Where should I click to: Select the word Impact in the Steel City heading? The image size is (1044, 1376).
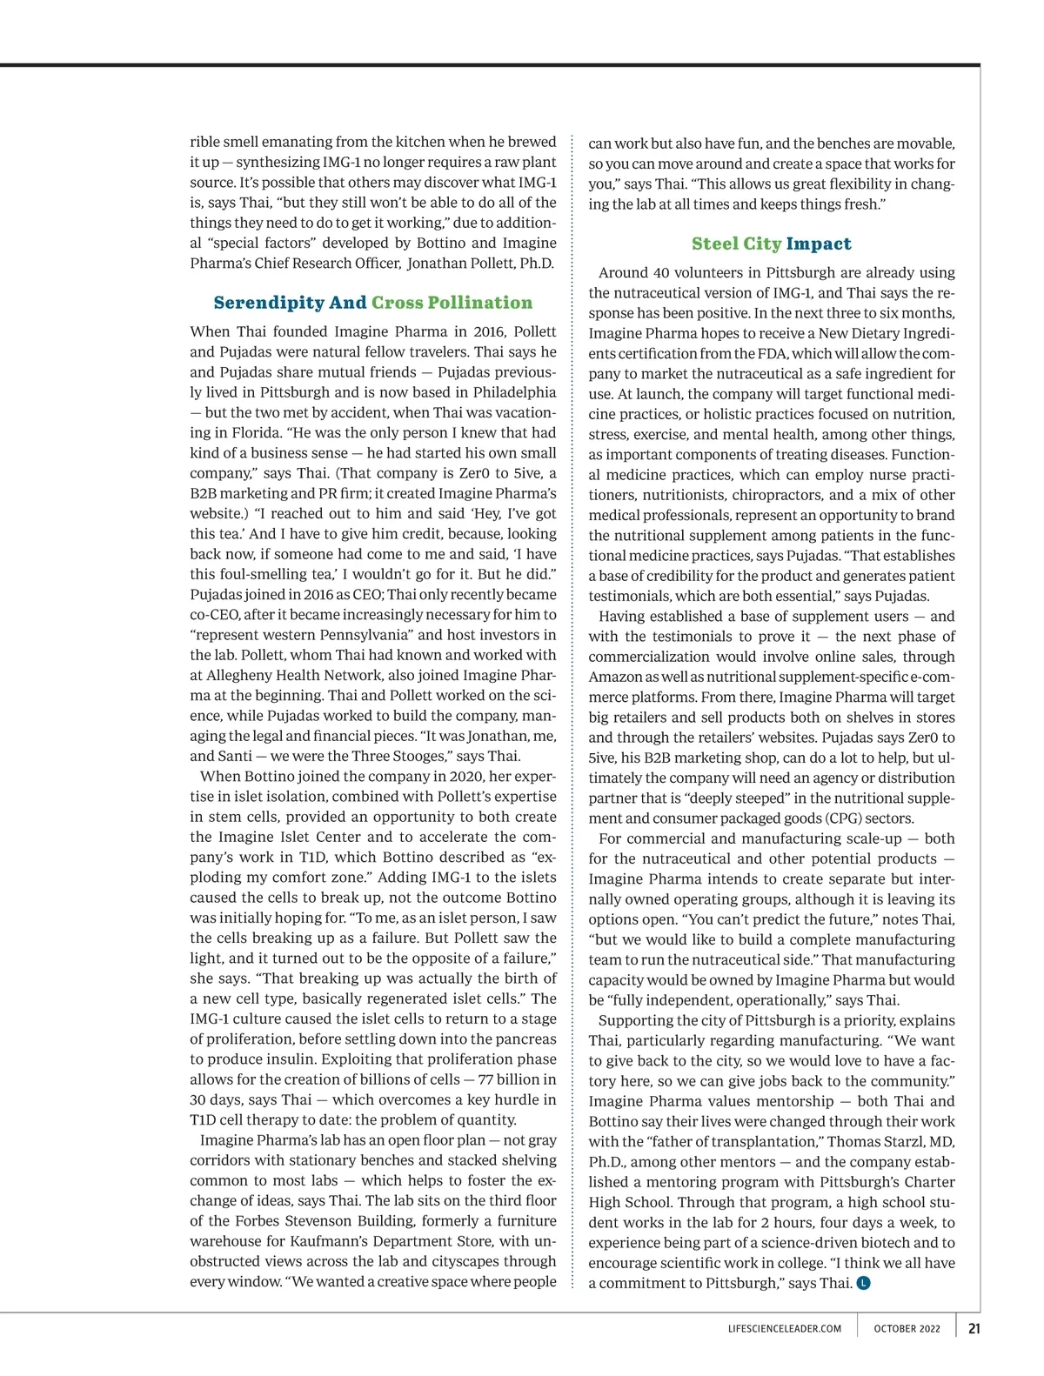coord(819,244)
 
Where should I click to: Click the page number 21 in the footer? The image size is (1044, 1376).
coord(974,1328)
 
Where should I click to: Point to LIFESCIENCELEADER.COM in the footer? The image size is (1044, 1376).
coord(784,1329)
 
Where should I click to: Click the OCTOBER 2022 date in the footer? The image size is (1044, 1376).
coord(907,1329)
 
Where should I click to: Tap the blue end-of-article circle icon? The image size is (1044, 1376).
coord(863,1283)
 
